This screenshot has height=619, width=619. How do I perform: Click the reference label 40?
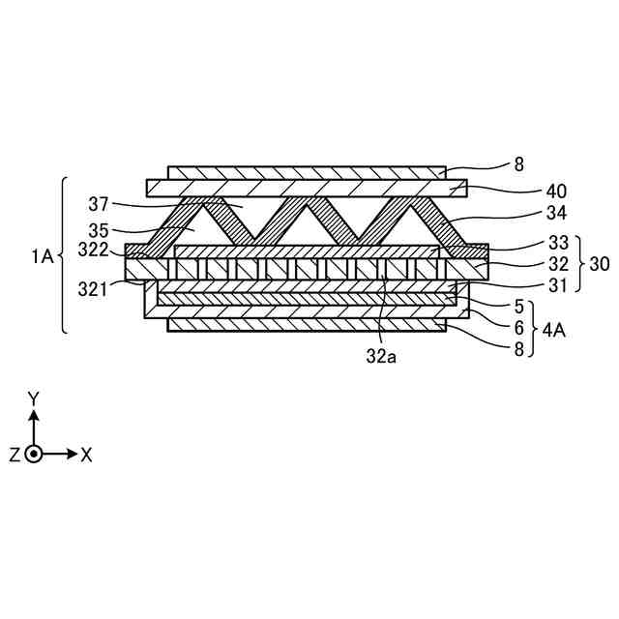(529, 191)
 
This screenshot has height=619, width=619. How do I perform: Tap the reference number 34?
(529, 213)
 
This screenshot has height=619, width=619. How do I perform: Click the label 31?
(529, 284)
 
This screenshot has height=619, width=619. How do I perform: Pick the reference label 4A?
(554, 330)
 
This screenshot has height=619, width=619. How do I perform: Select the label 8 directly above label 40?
(519, 165)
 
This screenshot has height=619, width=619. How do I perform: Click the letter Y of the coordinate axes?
(34, 398)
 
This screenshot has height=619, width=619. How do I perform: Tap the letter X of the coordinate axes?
(86, 455)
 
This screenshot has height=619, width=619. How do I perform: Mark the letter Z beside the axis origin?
(15, 455)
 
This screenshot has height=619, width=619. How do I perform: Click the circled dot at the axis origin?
(34, 454)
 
